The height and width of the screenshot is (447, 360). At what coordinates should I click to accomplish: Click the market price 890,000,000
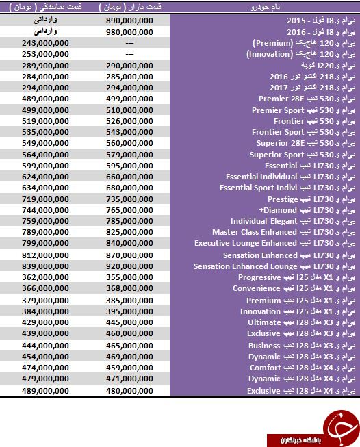(x=129, y=21)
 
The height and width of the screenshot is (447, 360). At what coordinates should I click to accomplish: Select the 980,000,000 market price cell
(x=129, y=32)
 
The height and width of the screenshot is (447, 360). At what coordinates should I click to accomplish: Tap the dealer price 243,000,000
(x=45, y=43)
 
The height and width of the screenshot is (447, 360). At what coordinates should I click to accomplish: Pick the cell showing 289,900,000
(x=45, y=66)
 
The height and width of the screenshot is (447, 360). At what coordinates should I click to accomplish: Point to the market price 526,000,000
(x=129, y=121)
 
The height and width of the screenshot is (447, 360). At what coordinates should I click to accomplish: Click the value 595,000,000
(x=129, y=166)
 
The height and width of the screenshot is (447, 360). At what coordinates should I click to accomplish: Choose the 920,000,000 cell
(x=129, y=266)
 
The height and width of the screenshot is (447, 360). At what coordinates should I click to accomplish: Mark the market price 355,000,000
(x=129, y=277)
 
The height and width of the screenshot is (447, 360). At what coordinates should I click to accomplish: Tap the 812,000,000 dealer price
(x=45, y=255)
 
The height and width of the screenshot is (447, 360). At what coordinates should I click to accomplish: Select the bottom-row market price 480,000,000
(x=129, y=391)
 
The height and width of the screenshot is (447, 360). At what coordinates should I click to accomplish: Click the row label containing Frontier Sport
(x=304, y=132)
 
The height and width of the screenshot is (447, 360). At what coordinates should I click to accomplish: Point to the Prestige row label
(x=311, y=199)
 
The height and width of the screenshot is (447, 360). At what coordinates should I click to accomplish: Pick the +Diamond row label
(x=307, y=210)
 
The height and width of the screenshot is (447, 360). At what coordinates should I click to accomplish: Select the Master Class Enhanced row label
(x=284, y=232)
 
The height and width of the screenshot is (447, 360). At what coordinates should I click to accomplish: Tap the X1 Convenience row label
(x=294, y=288)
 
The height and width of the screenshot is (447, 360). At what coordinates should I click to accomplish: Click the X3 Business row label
(x=302, y=346)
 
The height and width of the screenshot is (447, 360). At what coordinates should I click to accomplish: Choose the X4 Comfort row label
(x=303, y=368)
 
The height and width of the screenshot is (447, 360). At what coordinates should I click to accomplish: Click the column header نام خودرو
(x=265, y=7)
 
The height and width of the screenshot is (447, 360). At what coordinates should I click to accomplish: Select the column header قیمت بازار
(x=130, y=7)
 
